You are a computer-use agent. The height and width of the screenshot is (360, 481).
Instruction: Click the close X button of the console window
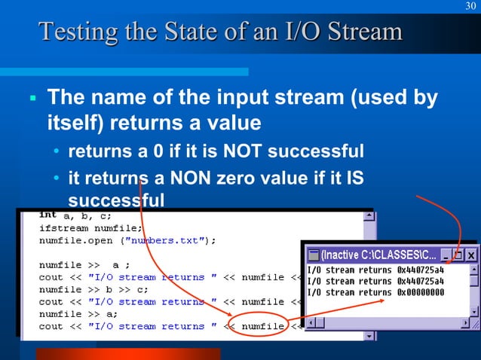[470, 255]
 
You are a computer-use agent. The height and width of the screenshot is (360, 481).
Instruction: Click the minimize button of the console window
[446, 255]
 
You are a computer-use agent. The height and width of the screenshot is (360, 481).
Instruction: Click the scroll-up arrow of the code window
[369, 215]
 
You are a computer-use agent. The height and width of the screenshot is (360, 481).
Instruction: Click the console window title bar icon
[313, 255]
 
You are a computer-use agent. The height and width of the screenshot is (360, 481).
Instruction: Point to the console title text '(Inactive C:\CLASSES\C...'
[376, 255]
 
